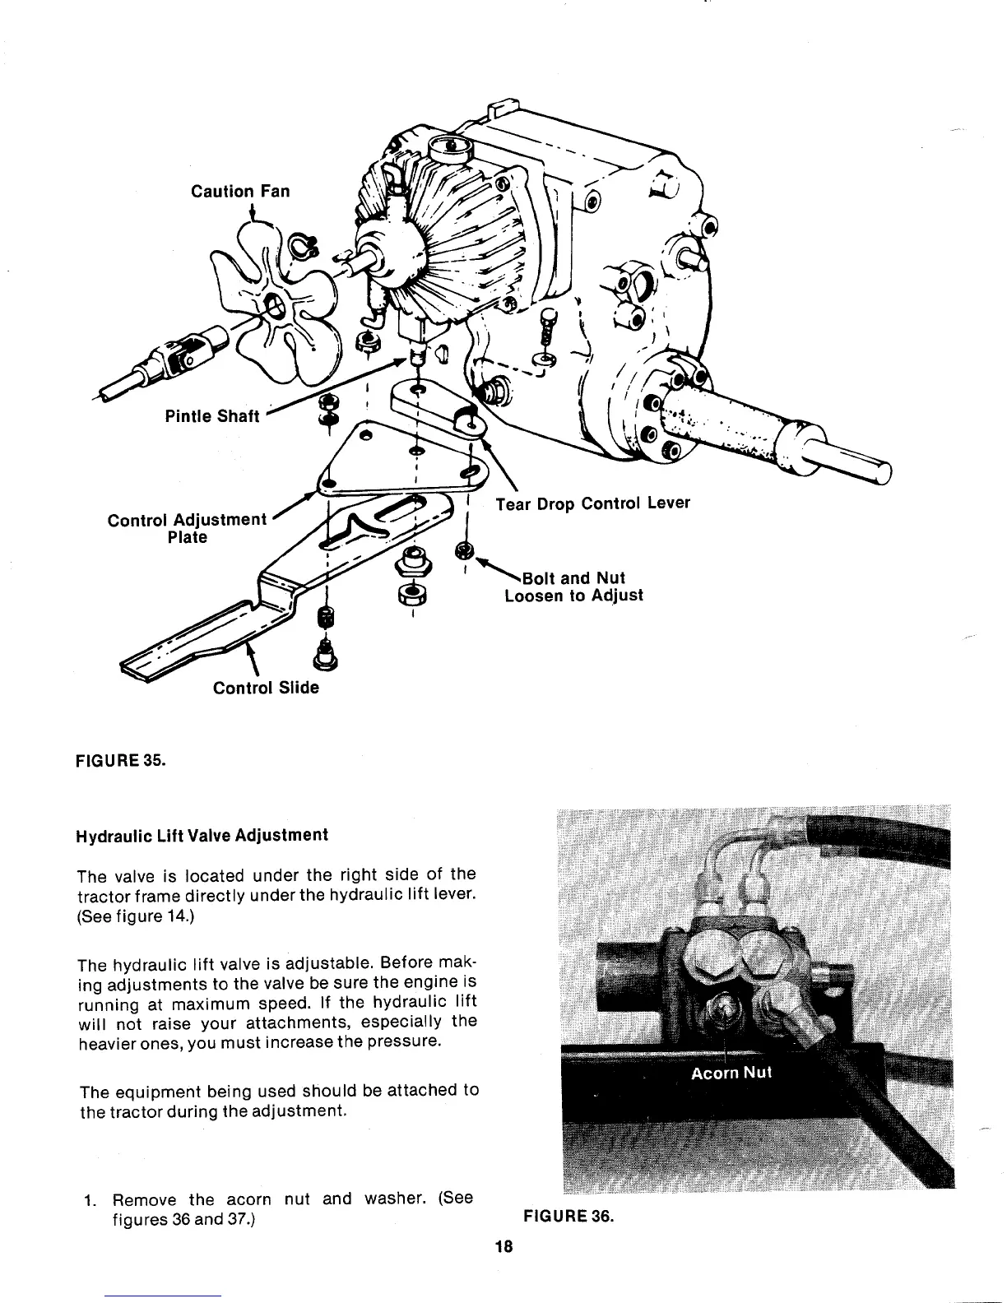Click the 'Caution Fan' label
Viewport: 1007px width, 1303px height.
point(240,192)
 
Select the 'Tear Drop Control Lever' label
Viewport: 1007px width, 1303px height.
point(592,503)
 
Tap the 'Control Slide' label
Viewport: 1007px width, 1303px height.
point(266,688)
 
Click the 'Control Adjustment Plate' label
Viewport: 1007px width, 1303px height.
point(188,528)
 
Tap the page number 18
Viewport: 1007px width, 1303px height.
point(503,1246)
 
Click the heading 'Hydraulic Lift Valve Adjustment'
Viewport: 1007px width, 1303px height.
point(202,836)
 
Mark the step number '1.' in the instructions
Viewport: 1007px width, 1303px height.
point(90,1199)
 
